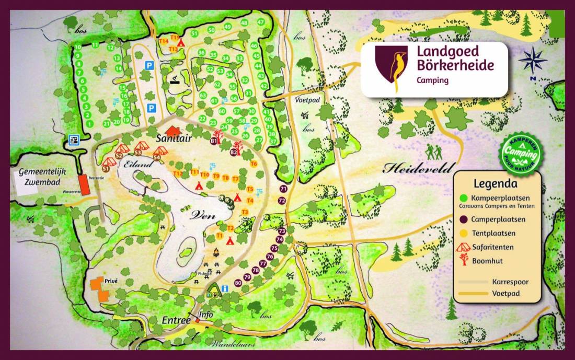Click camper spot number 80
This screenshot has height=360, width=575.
pos(238,283)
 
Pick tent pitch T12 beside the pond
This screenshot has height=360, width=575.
pos(178,173)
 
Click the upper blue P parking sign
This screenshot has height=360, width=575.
pos(149,66)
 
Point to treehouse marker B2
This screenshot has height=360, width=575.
pos(234,152)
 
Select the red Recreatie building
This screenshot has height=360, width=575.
pos(84,185)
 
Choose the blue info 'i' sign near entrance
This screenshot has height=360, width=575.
pos(225,288)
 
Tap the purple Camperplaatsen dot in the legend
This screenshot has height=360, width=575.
pos(463,219)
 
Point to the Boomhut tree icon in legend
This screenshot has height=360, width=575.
pos(463,260)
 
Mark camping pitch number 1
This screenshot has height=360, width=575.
pos(90,124)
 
